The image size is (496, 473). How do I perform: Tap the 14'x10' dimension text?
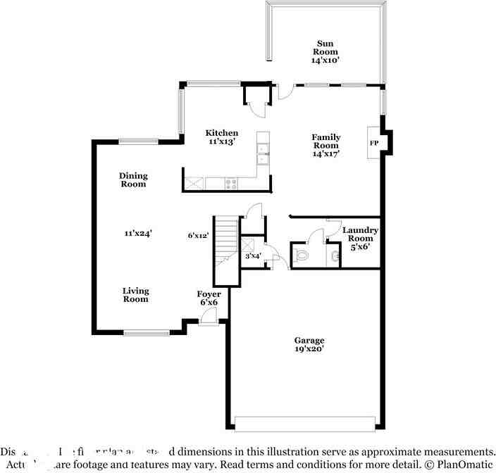point(325,61)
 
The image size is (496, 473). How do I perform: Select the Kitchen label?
point(221,133)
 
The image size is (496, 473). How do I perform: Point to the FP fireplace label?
point(374,144)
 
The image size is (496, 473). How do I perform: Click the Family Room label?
point(326,141)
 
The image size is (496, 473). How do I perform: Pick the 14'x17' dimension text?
point(326,153)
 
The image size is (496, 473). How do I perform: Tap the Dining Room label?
point(132,179)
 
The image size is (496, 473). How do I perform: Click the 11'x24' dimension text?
point(139,232)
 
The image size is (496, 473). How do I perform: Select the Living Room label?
point(135,295)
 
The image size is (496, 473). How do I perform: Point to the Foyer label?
point(209,294)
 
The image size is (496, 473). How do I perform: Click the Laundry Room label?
point(360,234)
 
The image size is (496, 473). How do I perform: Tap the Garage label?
point(309,341)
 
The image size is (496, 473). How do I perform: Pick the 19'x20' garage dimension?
point(309,349)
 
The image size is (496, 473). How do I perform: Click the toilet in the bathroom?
point(301,255)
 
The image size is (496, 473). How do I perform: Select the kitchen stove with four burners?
point(231,184)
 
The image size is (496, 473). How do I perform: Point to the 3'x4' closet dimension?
point(253,256)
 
